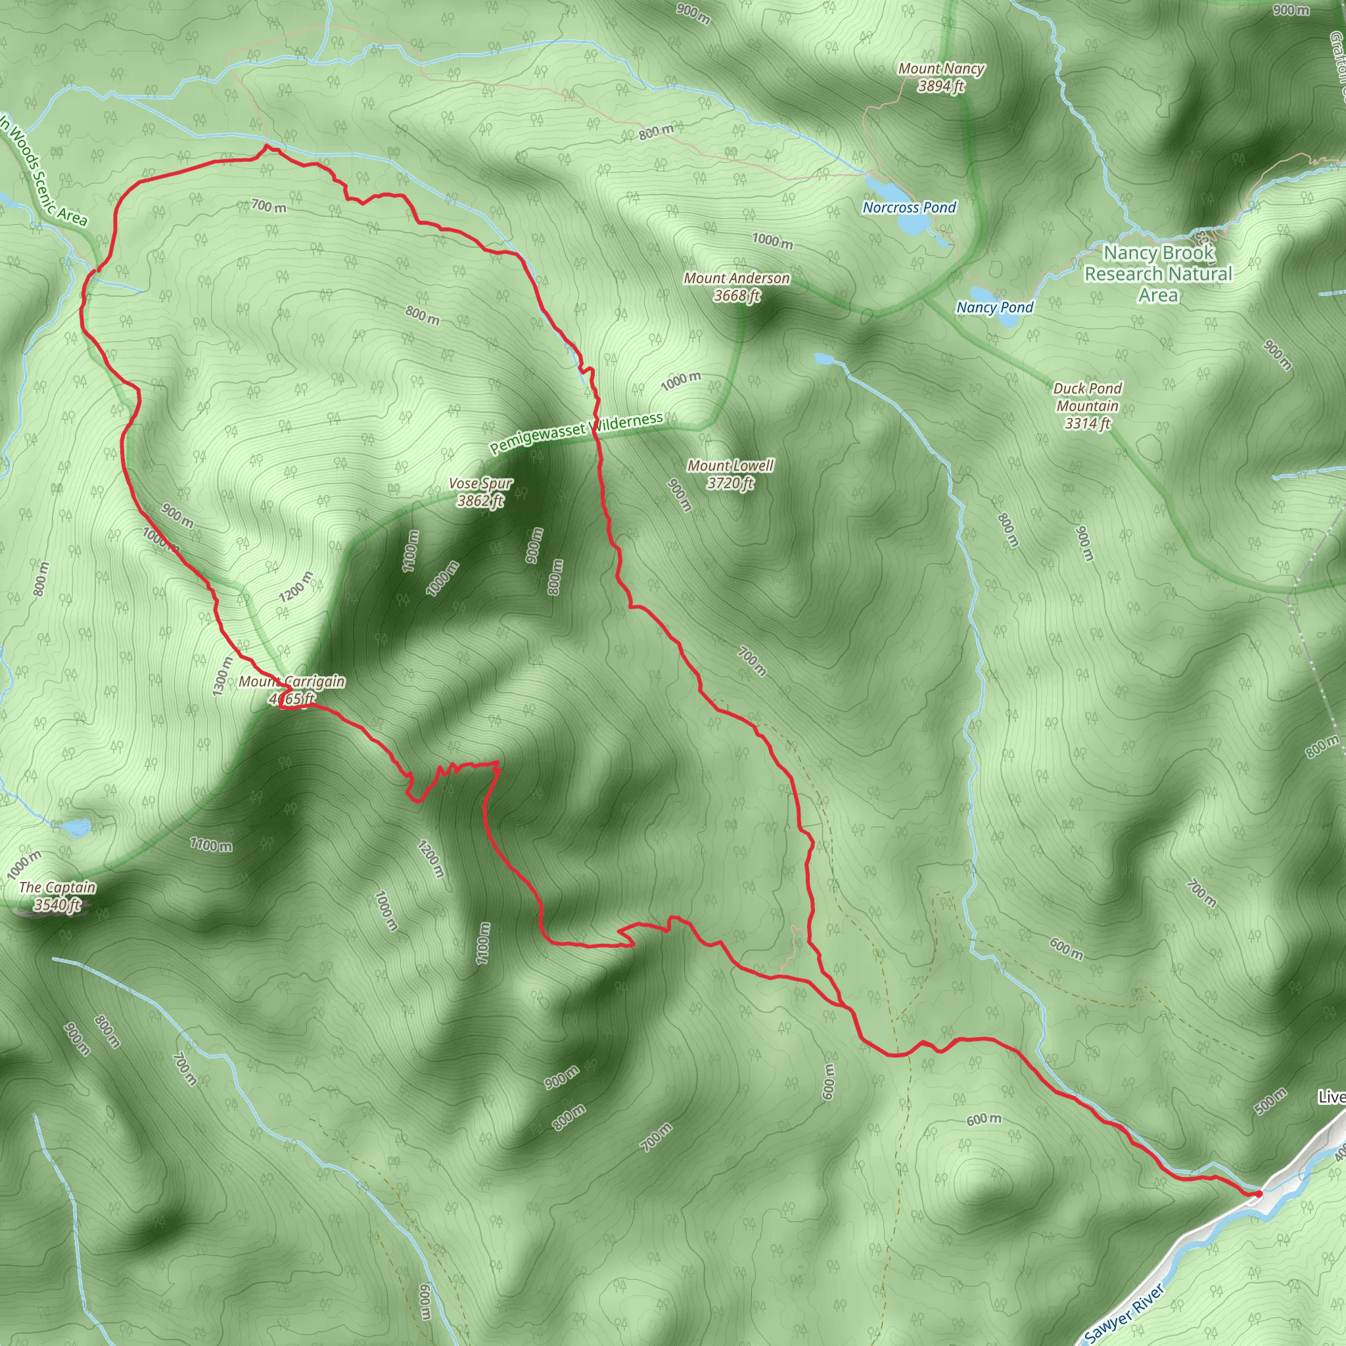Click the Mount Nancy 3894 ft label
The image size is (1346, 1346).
[x=940, y=78]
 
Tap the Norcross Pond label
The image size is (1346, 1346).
[x=908, y=207]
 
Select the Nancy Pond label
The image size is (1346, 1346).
[x=994, y=307]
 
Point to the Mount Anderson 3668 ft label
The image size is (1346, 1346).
[x=736, y=287]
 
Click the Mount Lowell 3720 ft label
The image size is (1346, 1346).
[x=730, y=474]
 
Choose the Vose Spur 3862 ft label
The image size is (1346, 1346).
[x=480, y=492]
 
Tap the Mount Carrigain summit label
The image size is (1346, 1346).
[x=291, y=689]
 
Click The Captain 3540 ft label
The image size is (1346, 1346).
[x=57, y=896]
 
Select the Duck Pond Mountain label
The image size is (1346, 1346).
[x=1087, y=406]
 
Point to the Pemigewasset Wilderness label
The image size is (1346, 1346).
[x=576, y=432]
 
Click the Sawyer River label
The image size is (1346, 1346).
[x=1125, y=1312]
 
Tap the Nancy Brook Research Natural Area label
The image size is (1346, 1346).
[x=1158, y=274]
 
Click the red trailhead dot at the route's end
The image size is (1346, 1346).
[x=1257, y=1194]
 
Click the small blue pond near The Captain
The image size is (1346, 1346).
[x=76, y=827]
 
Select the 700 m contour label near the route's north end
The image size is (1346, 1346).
[x=268, y=206]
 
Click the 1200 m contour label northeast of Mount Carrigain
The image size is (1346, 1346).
[x=296, y=587]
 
